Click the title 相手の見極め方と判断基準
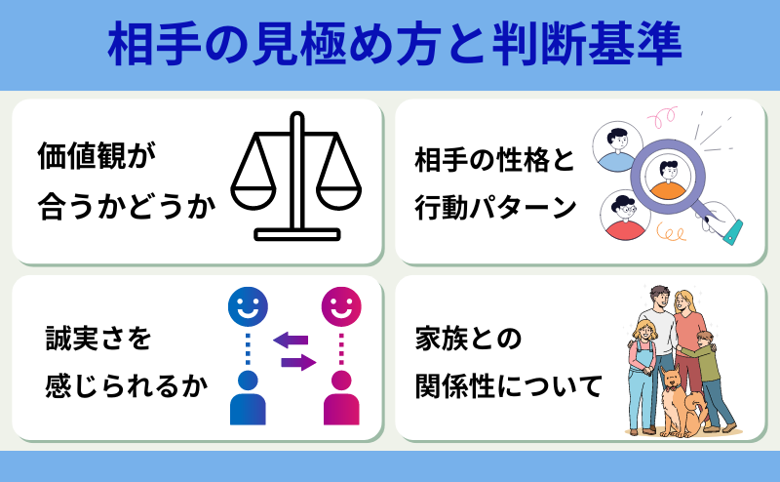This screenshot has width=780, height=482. [x=394, y=44]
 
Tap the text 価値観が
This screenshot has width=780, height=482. [x=97, y=156]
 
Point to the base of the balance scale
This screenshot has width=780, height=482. [x=297, y=234]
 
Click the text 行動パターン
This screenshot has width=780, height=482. [x=495, y=207]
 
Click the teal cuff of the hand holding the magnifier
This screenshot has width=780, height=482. [x=733, y=232]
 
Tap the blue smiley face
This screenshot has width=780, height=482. [x=248, y=306]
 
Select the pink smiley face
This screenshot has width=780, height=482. [x=341, y=306]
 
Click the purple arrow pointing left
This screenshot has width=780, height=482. [x=291, y=341]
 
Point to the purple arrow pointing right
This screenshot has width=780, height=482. [x=298, y=362]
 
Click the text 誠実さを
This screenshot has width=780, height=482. [x=98, y=339]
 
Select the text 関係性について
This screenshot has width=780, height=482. [x=509, y=386]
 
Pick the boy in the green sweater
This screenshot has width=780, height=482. [x=709, y=380]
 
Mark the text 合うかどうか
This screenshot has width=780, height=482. [x=127, y=207]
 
